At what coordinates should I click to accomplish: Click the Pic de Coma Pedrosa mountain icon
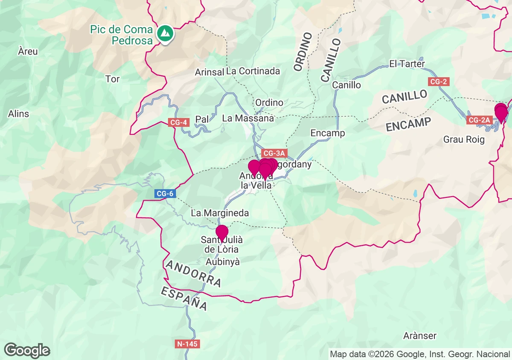click(164, 33)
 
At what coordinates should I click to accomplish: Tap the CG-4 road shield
click(178, 122)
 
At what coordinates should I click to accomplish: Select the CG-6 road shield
click(165, 194)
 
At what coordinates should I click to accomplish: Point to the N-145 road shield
click(187, 343)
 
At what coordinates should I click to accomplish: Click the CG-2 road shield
click(439, 81)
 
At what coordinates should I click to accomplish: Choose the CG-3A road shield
click(273, 153)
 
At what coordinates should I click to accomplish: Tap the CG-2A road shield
click(480, 120)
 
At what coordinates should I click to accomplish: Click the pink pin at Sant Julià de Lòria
click(222, 233)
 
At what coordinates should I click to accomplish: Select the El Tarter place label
click(407, 64)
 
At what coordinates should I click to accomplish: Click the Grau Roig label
click(464, 139)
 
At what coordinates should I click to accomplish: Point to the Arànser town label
click(420, 336)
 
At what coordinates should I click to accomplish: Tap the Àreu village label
click(28, 52)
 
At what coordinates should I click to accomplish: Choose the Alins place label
click(19, 113)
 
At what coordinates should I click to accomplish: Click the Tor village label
click(113, 79)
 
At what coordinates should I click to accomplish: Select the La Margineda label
click(220, 212)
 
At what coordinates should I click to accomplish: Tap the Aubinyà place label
click(223, 261)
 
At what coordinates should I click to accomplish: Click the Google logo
click(27, 350)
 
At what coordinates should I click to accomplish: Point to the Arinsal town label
click(209, 72)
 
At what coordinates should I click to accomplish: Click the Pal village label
click(202, 119)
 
